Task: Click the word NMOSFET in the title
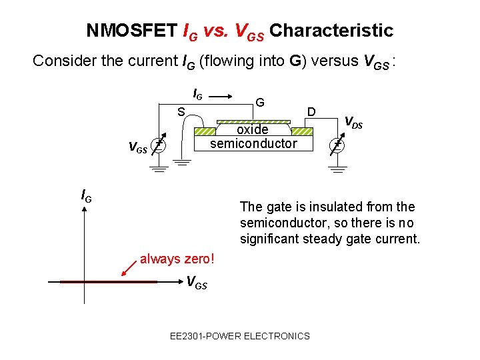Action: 132,31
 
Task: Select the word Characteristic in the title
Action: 332,31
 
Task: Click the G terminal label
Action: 261,103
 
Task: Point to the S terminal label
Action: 180,112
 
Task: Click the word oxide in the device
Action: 252,129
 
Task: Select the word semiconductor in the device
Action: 253,143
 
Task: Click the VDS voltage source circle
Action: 339,145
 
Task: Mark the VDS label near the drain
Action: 353,122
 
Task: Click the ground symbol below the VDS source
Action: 339,169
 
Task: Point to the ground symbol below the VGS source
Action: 157,169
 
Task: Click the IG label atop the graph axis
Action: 86,195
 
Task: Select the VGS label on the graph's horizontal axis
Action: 196,284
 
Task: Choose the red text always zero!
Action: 177,259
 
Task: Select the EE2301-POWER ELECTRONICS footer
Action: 240,336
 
